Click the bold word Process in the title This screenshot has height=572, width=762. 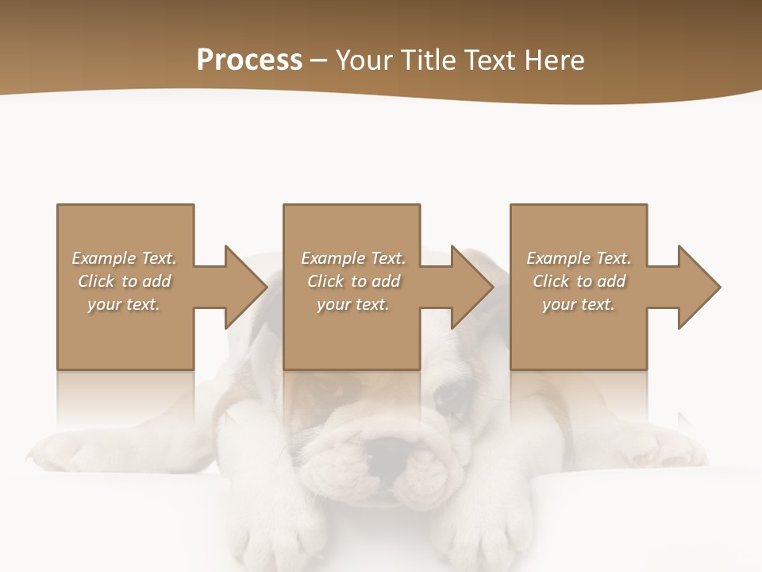tap(249, 60)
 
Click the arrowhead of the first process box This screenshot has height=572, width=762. tap(245, 287)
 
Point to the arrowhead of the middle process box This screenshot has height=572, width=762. tap(472, 287)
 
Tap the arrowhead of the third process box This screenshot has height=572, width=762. tap(699, 287)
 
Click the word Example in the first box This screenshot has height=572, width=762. tap(103, 258)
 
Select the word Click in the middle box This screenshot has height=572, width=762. tap(325, 281)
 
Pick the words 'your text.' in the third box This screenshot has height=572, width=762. tap(579, 304)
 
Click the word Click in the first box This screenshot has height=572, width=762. tap(96, 281)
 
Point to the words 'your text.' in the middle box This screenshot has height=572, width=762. tap(352, 304)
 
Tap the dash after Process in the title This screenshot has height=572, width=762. tap(318, 60)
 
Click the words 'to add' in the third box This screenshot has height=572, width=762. tap(602, 281)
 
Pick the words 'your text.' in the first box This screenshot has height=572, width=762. tap(124, 304)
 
